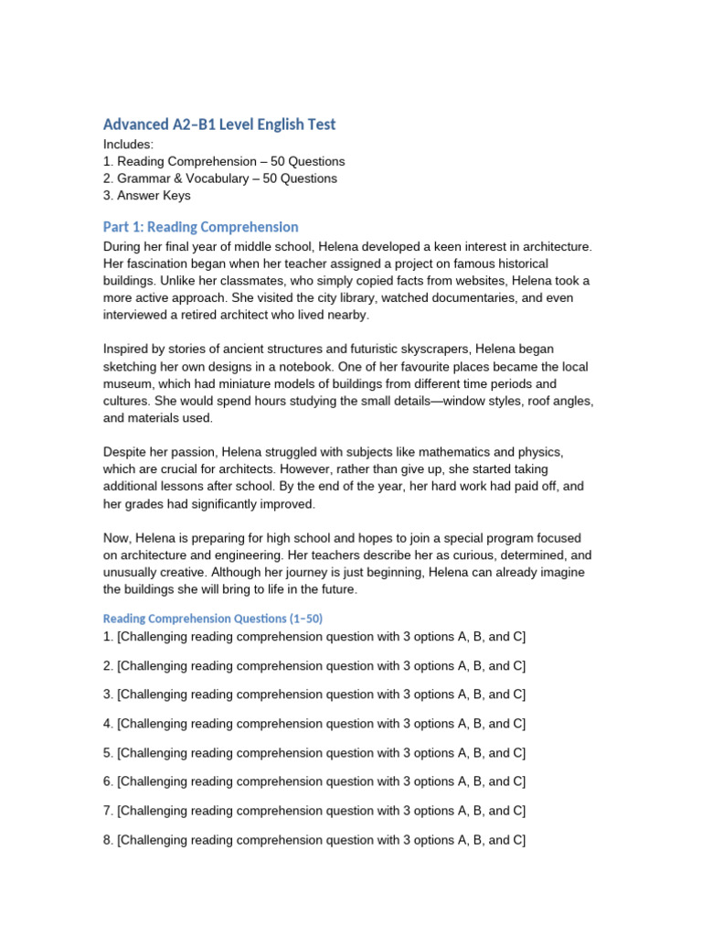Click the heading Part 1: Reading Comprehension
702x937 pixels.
coord(200,227)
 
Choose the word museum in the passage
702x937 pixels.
coord(129,384)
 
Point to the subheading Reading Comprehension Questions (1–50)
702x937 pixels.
coord(212,619)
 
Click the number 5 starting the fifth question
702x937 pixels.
coord(107,753)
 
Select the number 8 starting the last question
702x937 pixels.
coord(107,840)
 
